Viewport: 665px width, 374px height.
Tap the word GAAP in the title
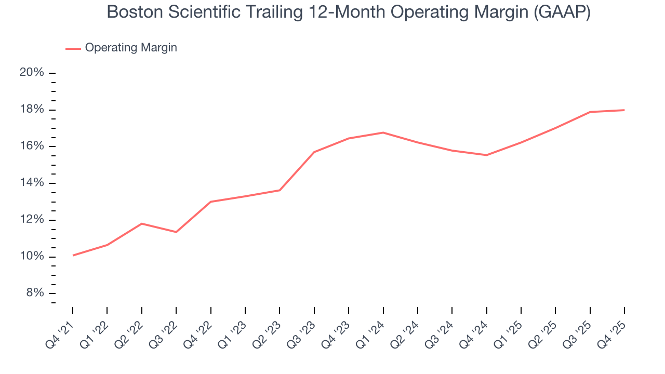tap(562, 12)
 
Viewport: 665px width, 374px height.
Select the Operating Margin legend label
tap(131, 48)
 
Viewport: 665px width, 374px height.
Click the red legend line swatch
tap(73, 48)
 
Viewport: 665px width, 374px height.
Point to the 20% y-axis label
tap(32, 73)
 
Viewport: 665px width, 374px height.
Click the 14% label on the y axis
tap(32, 183)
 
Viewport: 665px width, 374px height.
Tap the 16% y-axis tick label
tap(32, 146)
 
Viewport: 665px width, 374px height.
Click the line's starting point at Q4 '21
tap(73, 255)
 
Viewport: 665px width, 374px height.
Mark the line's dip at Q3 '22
tap(176, 232)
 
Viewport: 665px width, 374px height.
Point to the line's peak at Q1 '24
tap(383, 132)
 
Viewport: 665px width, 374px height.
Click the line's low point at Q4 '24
tap(486, 155)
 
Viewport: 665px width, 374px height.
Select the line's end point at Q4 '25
tap(624, 110)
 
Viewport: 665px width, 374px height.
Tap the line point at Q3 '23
tap(314, 152)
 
